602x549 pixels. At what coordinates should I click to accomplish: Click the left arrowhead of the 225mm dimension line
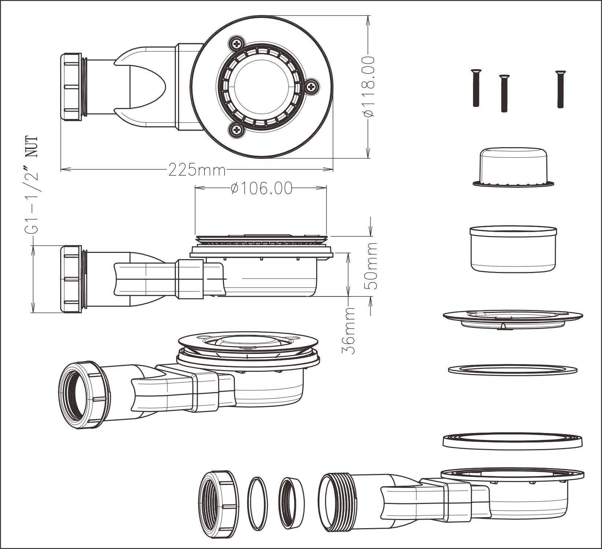[x=63, y=169]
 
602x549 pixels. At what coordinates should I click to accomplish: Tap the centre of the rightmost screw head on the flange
[x=312, y=87]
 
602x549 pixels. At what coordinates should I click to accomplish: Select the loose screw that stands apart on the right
[x=559, y=89]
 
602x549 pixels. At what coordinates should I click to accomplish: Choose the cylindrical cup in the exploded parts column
[x=513, y=249]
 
